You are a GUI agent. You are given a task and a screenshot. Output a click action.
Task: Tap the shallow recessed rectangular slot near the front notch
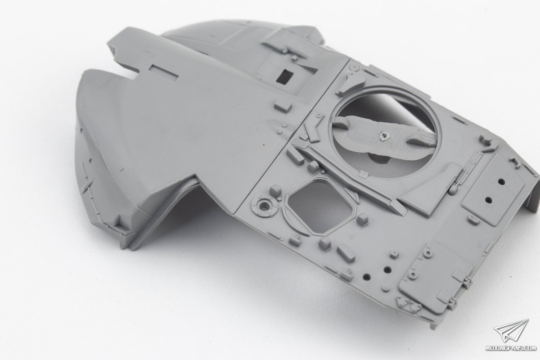164,72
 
